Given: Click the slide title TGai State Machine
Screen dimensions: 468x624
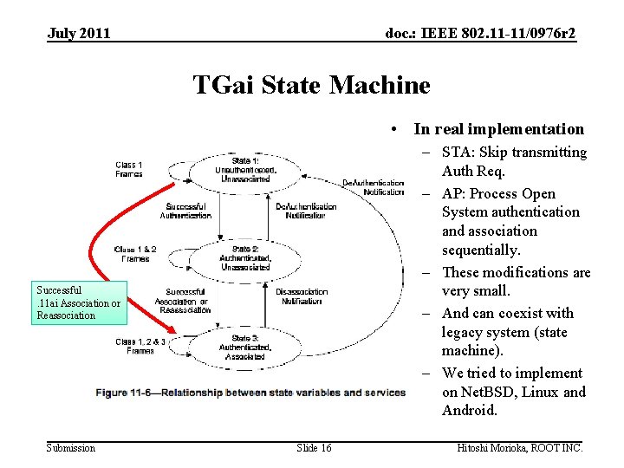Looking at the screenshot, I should point(311,85).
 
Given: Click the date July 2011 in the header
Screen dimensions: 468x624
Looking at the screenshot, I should point(79,34).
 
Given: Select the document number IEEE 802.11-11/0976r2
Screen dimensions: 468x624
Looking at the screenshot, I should point(480,34).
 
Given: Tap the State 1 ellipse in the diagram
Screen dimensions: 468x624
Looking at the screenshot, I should point(246,170).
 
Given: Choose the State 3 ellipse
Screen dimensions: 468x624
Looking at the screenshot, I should point(246,347).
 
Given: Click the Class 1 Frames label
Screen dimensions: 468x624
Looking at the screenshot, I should point(128,169).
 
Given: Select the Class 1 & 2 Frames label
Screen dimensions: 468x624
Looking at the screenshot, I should point(135,254).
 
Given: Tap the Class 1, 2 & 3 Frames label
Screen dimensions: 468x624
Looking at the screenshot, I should point(140,346).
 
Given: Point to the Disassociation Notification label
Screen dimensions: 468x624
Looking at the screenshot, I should point(302,296).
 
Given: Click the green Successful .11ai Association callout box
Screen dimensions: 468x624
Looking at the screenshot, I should point(79,302).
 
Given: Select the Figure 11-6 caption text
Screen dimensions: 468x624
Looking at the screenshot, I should point(251,393).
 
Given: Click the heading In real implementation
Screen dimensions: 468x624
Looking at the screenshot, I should point(498,129).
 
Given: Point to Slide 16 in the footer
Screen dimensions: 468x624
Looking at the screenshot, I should point(314,447).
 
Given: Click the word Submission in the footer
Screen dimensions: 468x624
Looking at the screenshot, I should point(71,447).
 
